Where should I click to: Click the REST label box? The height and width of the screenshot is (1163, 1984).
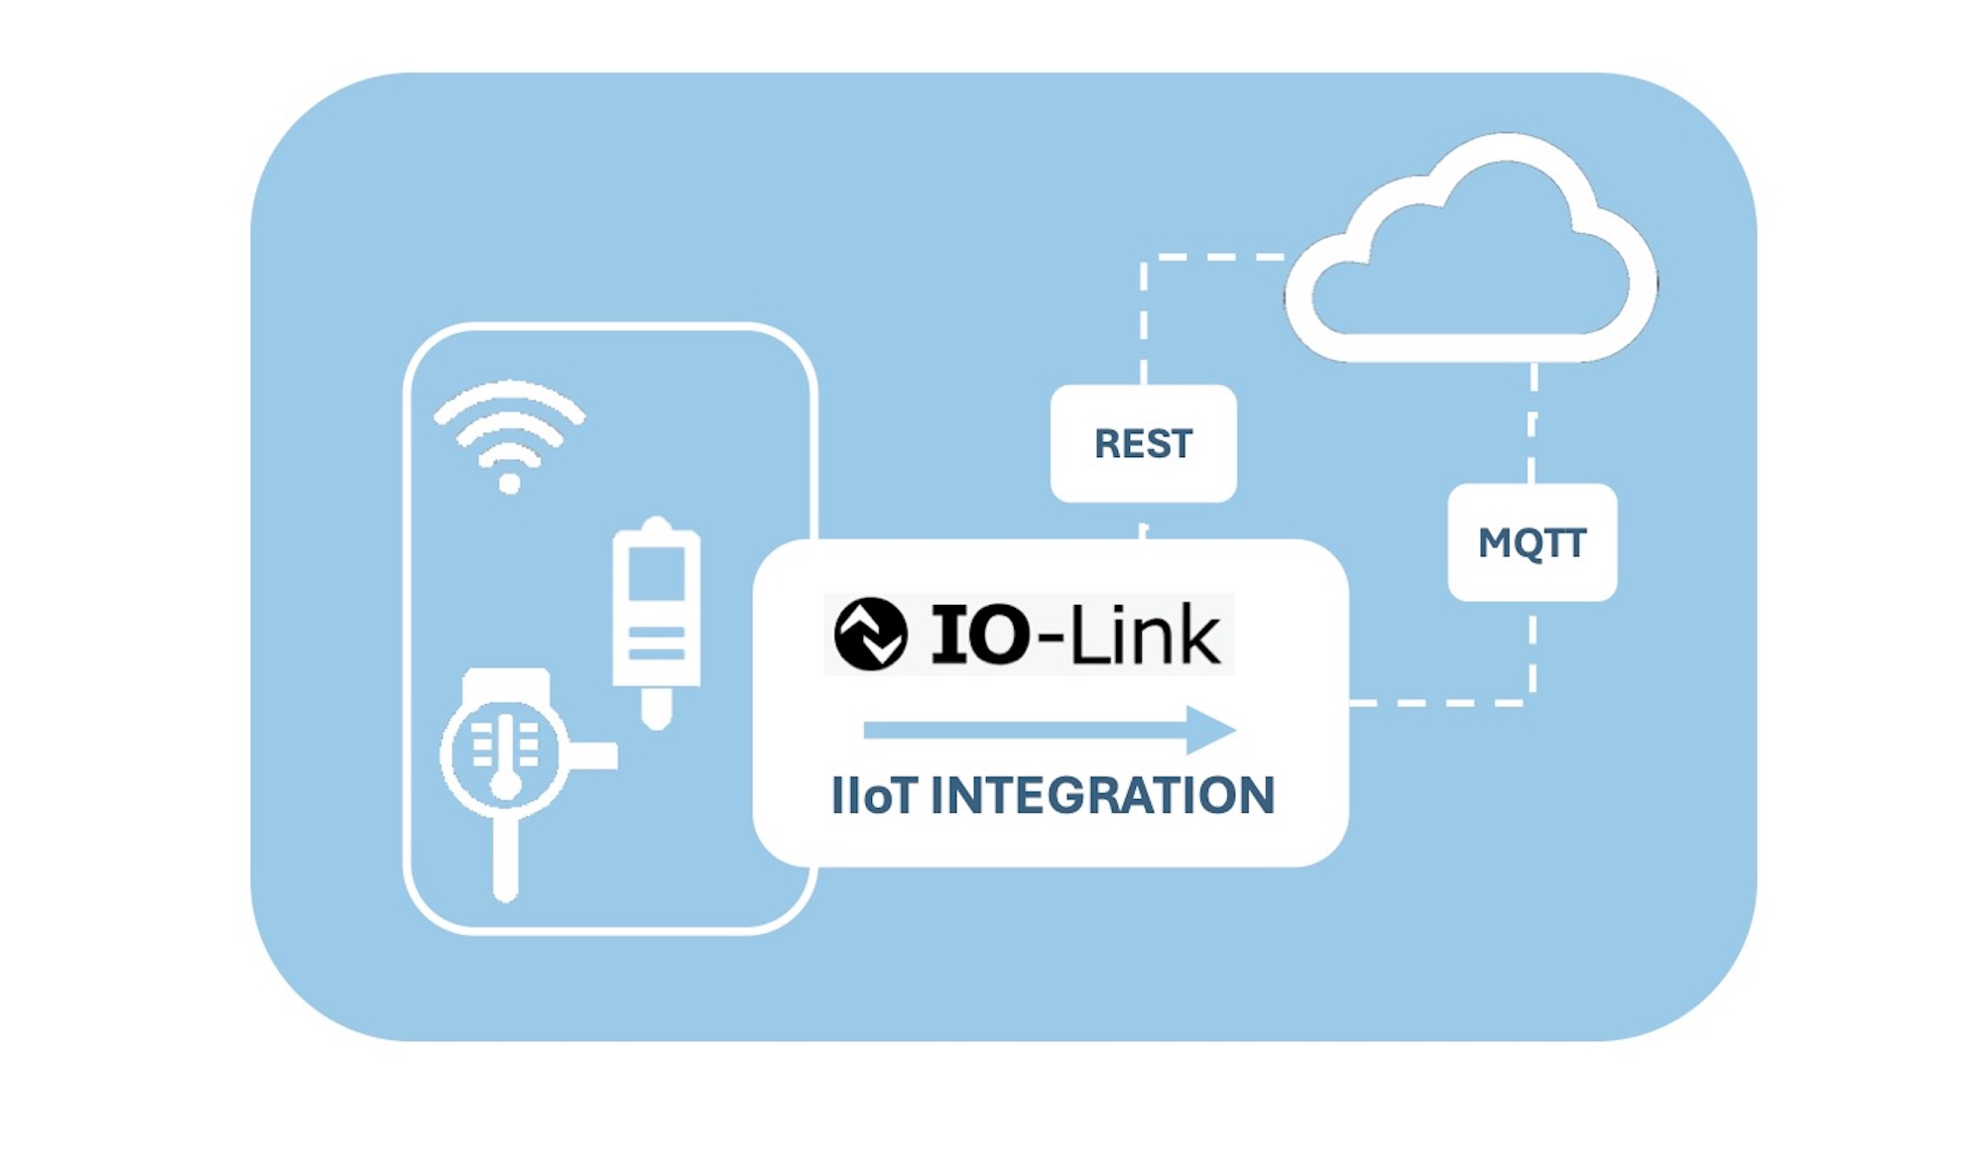click(x=1143, y=443)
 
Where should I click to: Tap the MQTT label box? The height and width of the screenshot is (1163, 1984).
click(x=1533, y=542)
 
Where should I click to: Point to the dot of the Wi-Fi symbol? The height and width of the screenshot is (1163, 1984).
click(x=510, y=483)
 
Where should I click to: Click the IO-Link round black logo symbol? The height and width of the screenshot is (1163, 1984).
click(x=870, y=634)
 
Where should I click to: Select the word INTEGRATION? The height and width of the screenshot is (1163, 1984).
click(x=1103, y=795)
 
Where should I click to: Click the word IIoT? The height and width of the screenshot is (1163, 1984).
click(x=874, y=795)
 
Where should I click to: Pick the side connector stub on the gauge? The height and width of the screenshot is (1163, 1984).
click(x=592, y=756)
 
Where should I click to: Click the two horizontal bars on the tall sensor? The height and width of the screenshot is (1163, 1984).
click(x=657, y=642)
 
